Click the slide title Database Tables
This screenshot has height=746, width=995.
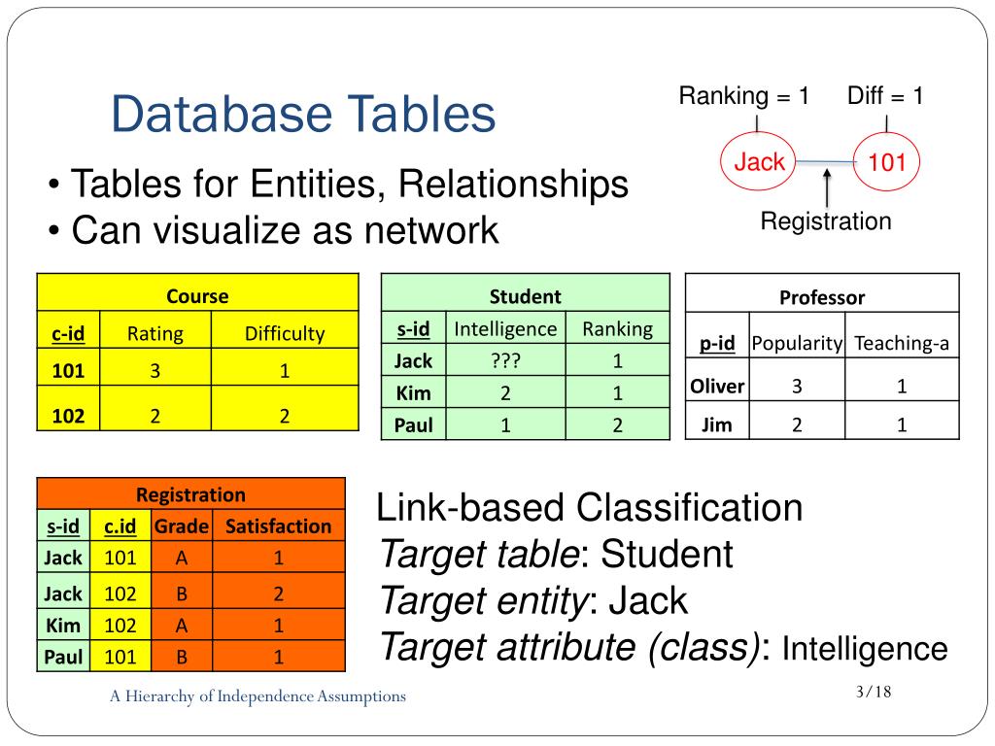pos(303,115)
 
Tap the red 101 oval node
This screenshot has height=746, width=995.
pos(886,162)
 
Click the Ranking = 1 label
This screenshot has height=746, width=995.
pos(744,96)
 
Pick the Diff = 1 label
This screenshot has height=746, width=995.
pos(885,96)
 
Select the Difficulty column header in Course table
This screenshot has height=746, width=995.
pos(284,334)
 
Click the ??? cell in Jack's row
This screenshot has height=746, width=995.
pos(505,361)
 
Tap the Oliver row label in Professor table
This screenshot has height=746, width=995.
pos(717,387)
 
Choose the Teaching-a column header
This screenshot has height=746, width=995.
pos(902,343)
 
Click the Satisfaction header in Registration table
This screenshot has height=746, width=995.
pos(278,526)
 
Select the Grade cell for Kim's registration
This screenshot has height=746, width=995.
pos(182,625)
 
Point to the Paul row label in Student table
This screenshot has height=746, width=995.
pos(414,424)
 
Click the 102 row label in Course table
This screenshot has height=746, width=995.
pos(68,416)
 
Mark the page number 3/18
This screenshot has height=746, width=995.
pos(874,692)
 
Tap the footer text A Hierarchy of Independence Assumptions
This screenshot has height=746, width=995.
pos(257,695)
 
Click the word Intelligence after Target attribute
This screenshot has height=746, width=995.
pos(864,648)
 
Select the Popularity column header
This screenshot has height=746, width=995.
pos(797,343)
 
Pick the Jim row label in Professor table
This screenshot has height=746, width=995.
pos(717,424)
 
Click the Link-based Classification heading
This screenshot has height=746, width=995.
pos(590,507)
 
